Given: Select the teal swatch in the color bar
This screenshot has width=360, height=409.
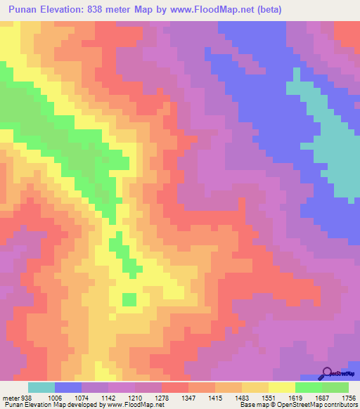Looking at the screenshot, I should [41, 387].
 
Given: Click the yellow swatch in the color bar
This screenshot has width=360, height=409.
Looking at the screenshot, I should [282, 387].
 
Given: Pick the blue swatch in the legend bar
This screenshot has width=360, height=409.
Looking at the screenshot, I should [68, 387].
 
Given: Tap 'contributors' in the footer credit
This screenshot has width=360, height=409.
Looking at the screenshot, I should [339, 405].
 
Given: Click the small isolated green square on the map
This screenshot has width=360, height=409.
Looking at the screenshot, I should [129, 299].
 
